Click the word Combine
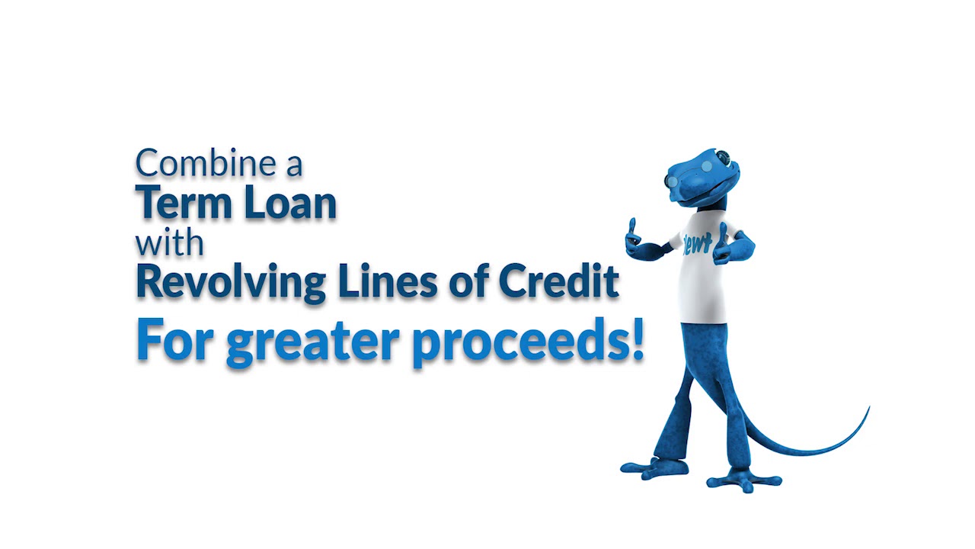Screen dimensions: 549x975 pos(205,163)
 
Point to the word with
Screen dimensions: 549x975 pos(170,243)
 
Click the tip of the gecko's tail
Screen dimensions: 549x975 pos(868,409)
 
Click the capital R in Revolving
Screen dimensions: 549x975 pos(149,281)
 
